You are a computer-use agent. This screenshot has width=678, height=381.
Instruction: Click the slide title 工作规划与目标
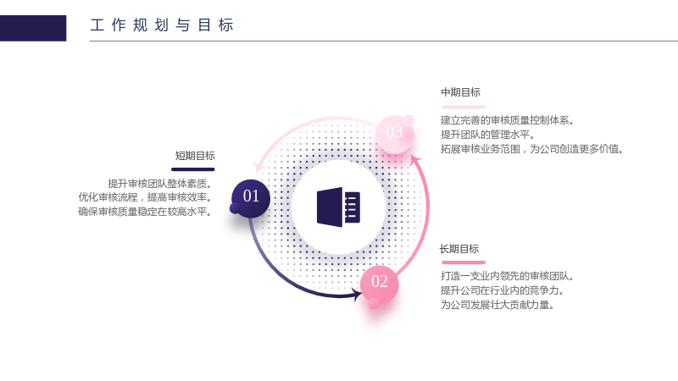[x=162, y=25]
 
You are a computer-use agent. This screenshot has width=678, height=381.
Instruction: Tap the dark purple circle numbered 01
[x=251, y=198]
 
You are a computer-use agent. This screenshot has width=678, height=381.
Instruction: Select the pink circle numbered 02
[x=379, y=284]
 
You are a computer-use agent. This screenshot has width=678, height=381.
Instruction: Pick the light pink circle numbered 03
[x=394, y=134]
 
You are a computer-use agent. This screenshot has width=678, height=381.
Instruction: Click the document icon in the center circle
[x=338, y=207]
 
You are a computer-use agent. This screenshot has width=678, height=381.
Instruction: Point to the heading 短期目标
[x=195, y=156]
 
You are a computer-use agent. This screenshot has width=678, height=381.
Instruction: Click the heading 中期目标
[x=460, y=92]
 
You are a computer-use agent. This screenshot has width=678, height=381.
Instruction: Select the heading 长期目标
[x=459, y=249]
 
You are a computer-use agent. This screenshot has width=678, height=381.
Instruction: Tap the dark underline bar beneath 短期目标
[x=193, y=169]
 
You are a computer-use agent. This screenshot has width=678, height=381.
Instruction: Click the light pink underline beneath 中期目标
[x=464, y=107]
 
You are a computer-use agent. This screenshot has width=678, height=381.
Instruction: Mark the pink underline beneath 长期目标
[x=464, y=262]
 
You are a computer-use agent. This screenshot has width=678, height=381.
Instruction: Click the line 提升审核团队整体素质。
[x=160, y=184]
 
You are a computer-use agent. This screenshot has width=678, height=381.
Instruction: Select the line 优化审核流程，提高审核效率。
[x=145, y=197]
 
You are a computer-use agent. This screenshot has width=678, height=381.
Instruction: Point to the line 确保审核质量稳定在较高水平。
[x=145, y=212]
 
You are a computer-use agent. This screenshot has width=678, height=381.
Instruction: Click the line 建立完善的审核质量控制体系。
[x=507, y=120]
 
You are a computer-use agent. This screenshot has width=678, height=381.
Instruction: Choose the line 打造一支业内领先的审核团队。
[x=507, y=276]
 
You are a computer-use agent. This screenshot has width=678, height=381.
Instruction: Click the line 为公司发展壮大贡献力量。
[x=497, y=305]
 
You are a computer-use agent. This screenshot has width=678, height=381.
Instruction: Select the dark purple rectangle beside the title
[x=33, y=28]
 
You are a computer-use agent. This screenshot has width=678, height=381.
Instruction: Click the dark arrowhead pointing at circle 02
[x=357, y=295]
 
